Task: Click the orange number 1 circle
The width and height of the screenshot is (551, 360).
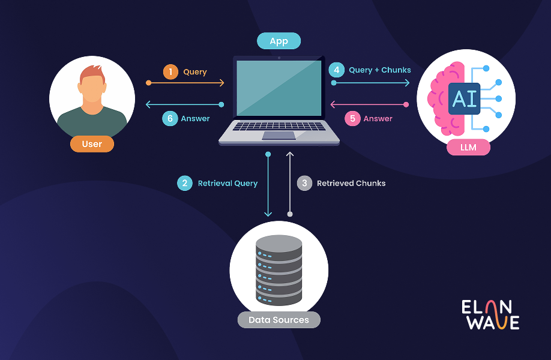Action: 171,72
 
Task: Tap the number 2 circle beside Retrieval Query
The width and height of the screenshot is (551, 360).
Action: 185,183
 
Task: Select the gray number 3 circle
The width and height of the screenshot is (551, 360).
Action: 305,183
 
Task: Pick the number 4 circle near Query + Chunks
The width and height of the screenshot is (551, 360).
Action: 337,70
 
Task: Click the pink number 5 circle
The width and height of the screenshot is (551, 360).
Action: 352,118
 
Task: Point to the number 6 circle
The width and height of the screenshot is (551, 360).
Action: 170,118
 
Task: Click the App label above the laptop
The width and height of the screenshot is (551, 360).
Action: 279,41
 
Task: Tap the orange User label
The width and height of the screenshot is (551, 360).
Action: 92,144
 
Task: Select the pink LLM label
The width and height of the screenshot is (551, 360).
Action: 468,147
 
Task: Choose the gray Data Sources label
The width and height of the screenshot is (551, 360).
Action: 279,320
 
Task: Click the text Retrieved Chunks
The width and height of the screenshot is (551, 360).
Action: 351,183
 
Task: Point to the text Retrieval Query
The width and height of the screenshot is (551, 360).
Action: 227,183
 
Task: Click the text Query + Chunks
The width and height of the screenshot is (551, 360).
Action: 380,70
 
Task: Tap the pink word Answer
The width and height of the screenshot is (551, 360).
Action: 378,118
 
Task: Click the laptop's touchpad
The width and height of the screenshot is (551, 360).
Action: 279,135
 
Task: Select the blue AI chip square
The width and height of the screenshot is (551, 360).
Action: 464,98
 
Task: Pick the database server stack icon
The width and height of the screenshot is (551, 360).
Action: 279,270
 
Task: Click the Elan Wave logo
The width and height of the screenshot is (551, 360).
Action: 490,314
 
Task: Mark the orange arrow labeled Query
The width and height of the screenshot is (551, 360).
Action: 186,83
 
